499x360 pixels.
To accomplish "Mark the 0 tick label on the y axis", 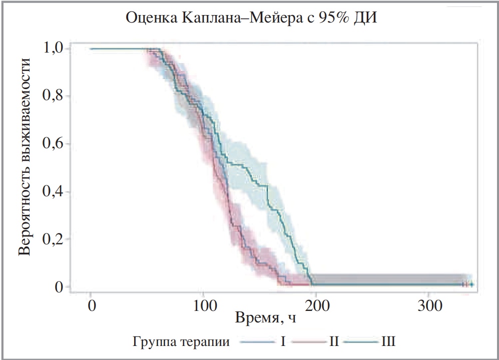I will coord(59,287).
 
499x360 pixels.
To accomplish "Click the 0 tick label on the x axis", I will coord(91,305).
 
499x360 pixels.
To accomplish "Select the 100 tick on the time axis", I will coord(203,305).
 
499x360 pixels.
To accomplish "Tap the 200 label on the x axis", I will coord(316,305).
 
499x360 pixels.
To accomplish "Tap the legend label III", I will coord(388,342).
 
